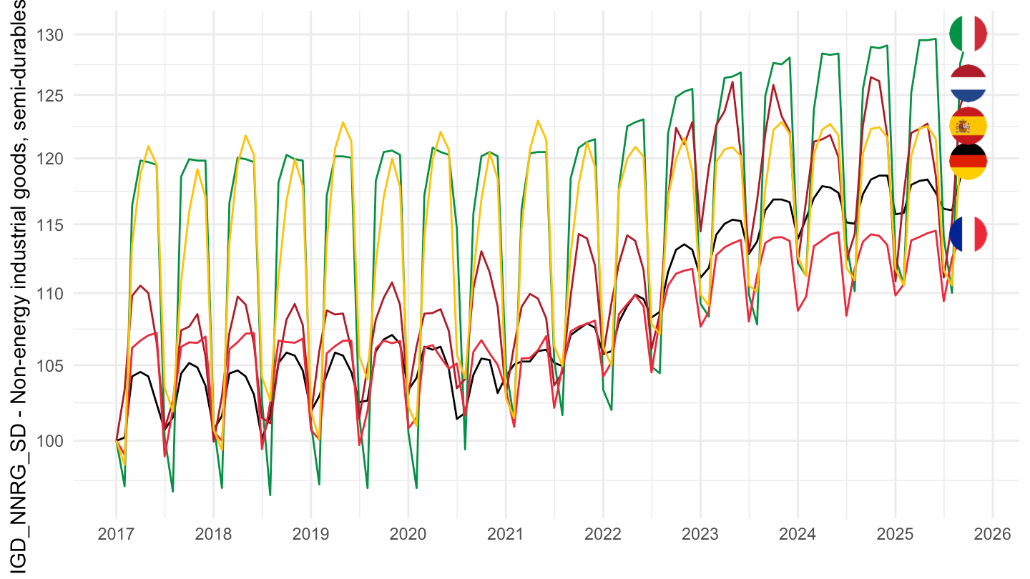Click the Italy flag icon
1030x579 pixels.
[x=968, y=34]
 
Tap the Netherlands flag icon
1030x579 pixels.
[x=968, y=84]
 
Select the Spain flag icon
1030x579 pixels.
[x=968, y=126]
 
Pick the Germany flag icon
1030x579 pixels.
[x=968, y=162]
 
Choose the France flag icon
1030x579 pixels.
[x=968, y=234]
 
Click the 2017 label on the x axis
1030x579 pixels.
[x=116, y=534]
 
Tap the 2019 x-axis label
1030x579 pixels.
[x=310, y=534]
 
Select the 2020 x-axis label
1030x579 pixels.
[x=408, y=534]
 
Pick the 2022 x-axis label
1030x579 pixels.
[x=603, y=534]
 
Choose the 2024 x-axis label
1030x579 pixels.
[x=798, y=534]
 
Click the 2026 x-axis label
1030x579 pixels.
[x=992, y=534]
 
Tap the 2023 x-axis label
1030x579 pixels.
[x=700, y=534]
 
